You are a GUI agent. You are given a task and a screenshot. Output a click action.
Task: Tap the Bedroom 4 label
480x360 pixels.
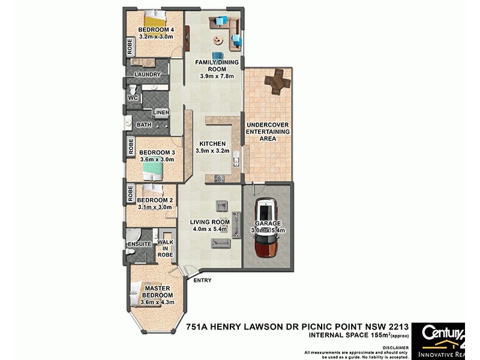pos(155,29)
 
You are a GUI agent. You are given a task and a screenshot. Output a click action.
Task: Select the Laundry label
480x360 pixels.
pos(147,74)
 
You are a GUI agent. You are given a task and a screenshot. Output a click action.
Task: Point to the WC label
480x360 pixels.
pos(133,97)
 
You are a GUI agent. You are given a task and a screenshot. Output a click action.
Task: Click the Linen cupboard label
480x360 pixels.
pos(161,112)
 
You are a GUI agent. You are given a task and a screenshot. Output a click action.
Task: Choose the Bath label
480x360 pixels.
pos(144,125)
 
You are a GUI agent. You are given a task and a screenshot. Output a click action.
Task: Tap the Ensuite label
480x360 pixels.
pos(139,244)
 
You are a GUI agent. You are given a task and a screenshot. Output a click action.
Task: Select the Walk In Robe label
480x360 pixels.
pos(165,248)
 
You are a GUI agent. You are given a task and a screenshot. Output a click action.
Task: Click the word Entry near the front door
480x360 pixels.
pos(202,280)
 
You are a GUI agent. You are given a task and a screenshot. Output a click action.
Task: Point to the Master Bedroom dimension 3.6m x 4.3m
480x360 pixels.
pos(157,302)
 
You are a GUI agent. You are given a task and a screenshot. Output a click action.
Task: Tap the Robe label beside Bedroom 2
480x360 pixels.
pos(130,194)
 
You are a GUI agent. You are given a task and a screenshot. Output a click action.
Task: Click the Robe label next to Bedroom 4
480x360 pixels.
pos(130,47)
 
